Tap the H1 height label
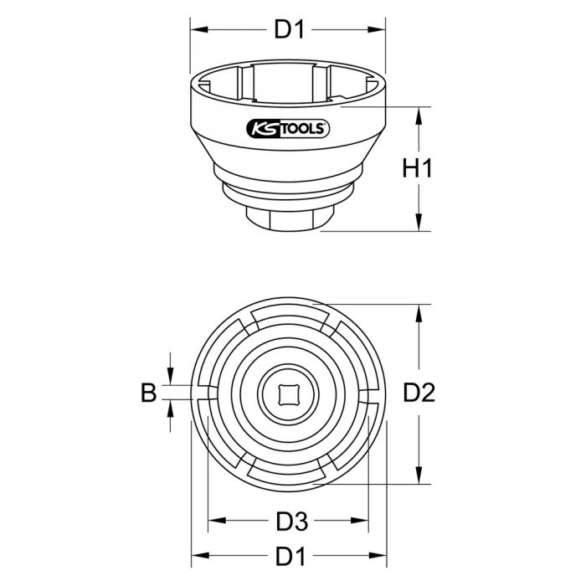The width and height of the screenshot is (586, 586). tap(416, 168)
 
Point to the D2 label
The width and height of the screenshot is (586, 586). tap(416, 392)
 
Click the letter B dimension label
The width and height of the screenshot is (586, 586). tap(148, 393)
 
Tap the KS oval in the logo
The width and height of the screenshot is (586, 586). tap(263, 128)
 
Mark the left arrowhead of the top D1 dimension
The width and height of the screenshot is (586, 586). tap(198, 30)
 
